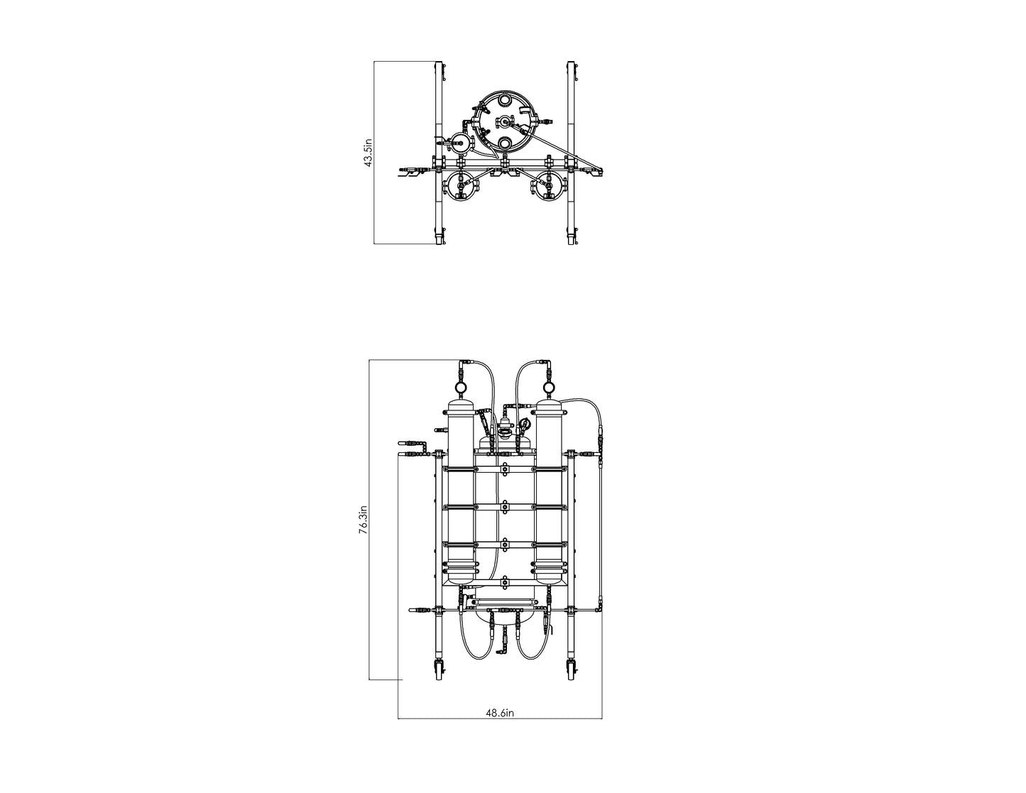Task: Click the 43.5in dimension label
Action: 368,153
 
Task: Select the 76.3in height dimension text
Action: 363,520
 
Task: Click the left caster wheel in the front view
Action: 437,669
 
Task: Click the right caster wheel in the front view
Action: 571,669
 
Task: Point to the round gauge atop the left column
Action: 460,388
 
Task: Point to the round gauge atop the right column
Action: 548,388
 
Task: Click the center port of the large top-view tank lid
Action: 505,121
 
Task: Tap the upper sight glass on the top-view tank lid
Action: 505,100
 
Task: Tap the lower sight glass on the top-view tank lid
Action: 505,143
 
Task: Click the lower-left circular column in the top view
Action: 459,188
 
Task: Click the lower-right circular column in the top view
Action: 547,188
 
